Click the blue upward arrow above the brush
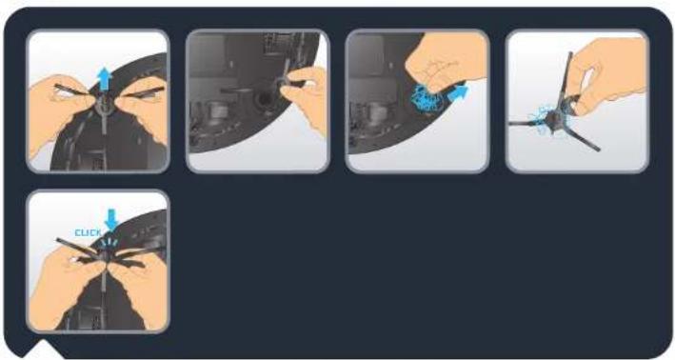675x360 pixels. coord(105,78)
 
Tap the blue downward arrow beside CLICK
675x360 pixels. coord(111,220)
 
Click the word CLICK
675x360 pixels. coord(88,233)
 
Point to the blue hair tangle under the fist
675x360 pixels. coord(427,98)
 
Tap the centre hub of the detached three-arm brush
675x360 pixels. coord(554,117)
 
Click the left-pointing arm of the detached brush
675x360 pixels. coord(528,124)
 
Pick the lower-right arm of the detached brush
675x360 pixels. coord(581,136)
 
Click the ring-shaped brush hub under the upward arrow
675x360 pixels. coord(103,104)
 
